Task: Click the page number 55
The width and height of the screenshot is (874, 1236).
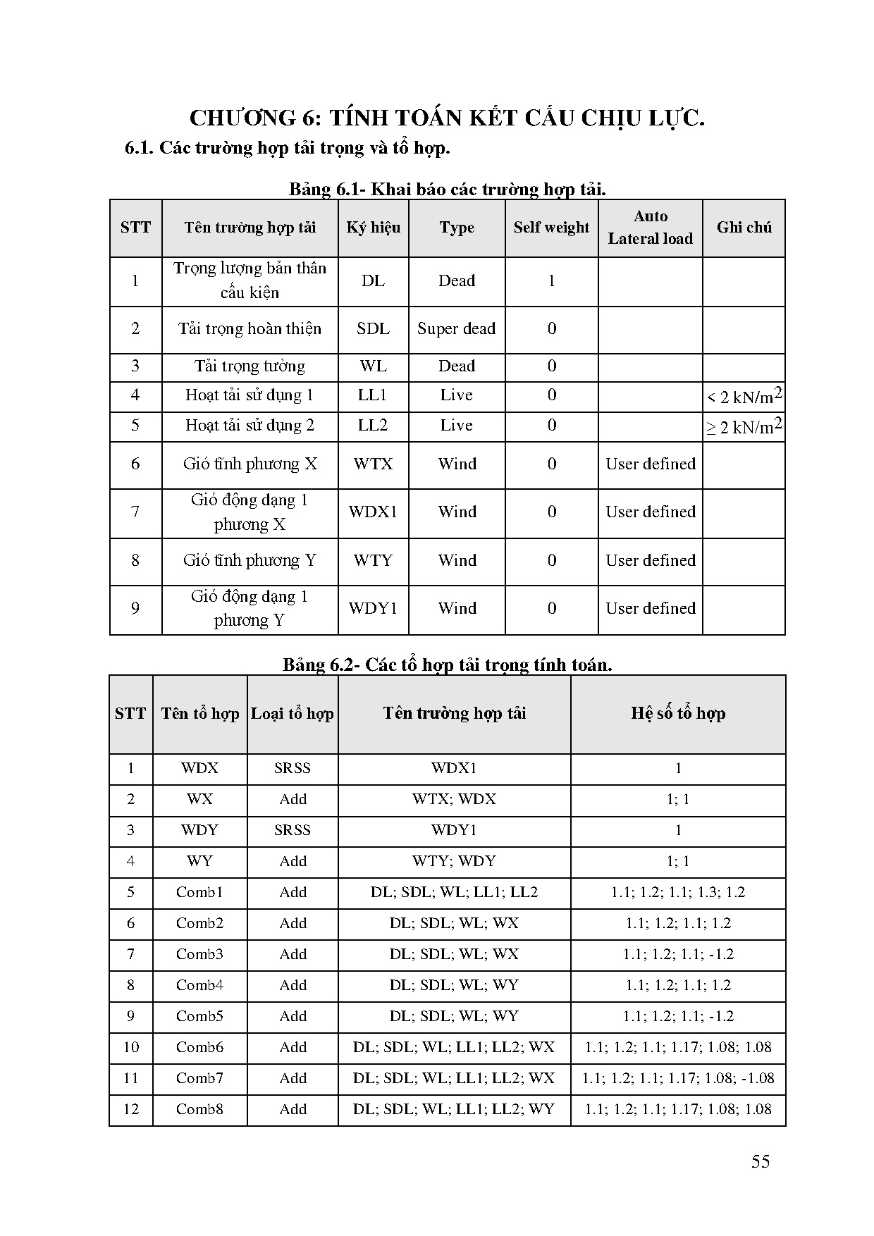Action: point(760,1161)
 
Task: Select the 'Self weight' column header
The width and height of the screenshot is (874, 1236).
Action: point(551,228)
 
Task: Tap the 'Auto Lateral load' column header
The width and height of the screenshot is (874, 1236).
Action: point(650,228)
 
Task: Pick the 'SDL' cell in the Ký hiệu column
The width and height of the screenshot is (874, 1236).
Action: point(373,329)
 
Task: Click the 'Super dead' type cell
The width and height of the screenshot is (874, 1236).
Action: point(456,329)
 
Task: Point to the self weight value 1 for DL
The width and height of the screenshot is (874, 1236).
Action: point(551,281)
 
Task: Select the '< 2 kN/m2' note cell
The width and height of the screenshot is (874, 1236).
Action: point(744,397)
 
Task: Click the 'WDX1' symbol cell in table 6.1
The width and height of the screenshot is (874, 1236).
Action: point(373,512)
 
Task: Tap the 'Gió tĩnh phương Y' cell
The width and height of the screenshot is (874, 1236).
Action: point(250,561)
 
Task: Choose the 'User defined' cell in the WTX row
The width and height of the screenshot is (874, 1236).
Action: point(650,464)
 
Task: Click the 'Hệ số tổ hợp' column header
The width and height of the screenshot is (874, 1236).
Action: point(677,714)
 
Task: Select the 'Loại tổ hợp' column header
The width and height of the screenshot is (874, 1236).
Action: point(292,714)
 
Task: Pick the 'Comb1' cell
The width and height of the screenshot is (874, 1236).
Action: point(199,892)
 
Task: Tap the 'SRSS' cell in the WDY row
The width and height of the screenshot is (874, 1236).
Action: point(292,830)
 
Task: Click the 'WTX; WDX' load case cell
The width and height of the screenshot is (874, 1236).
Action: point(454,799)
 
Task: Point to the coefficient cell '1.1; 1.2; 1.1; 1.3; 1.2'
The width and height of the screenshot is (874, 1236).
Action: point(677,892)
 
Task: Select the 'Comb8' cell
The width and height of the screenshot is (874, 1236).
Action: point(199,1109)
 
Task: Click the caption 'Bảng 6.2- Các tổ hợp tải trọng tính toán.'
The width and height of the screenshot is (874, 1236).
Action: point(447,665)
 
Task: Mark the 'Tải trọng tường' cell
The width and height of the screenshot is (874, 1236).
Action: point(250,366)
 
